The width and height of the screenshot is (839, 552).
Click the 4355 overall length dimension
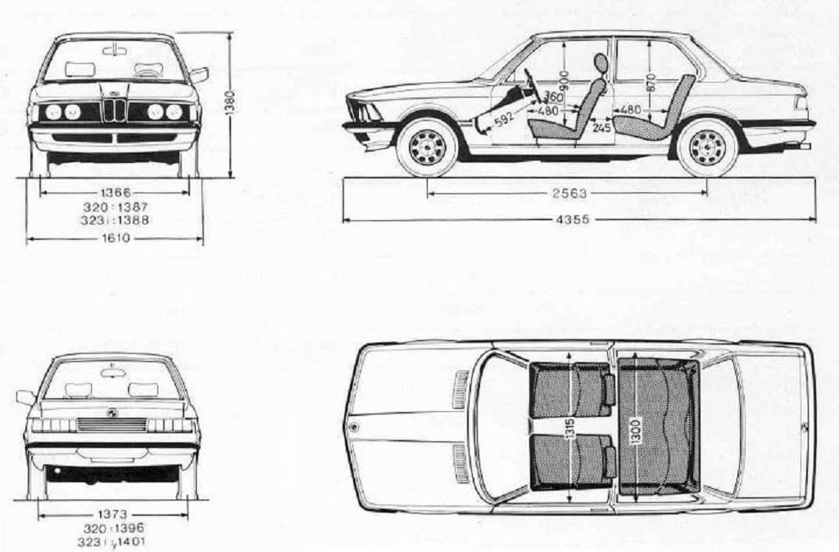[575, 219]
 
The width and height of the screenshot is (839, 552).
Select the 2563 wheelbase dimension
[570, 193]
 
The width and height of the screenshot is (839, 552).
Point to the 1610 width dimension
[115, 238]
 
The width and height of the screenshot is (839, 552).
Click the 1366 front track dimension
[116, 192]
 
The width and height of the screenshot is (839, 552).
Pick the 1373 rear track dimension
[112, 514]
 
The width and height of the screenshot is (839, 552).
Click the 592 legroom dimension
[503, 120]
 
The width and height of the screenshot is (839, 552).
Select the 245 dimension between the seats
[602, 129]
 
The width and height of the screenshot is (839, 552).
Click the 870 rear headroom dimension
[651, 84]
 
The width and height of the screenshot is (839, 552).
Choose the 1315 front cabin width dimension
[571, 429]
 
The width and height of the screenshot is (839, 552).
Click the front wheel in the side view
[427, 147]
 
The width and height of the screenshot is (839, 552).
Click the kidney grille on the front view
[115, 109]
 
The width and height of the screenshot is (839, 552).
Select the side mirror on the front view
[198, 75]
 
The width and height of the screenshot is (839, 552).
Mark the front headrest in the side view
[601, 63]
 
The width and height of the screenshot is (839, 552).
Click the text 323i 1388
[115, 219]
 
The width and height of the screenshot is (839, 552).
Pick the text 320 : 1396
[113, 528]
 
